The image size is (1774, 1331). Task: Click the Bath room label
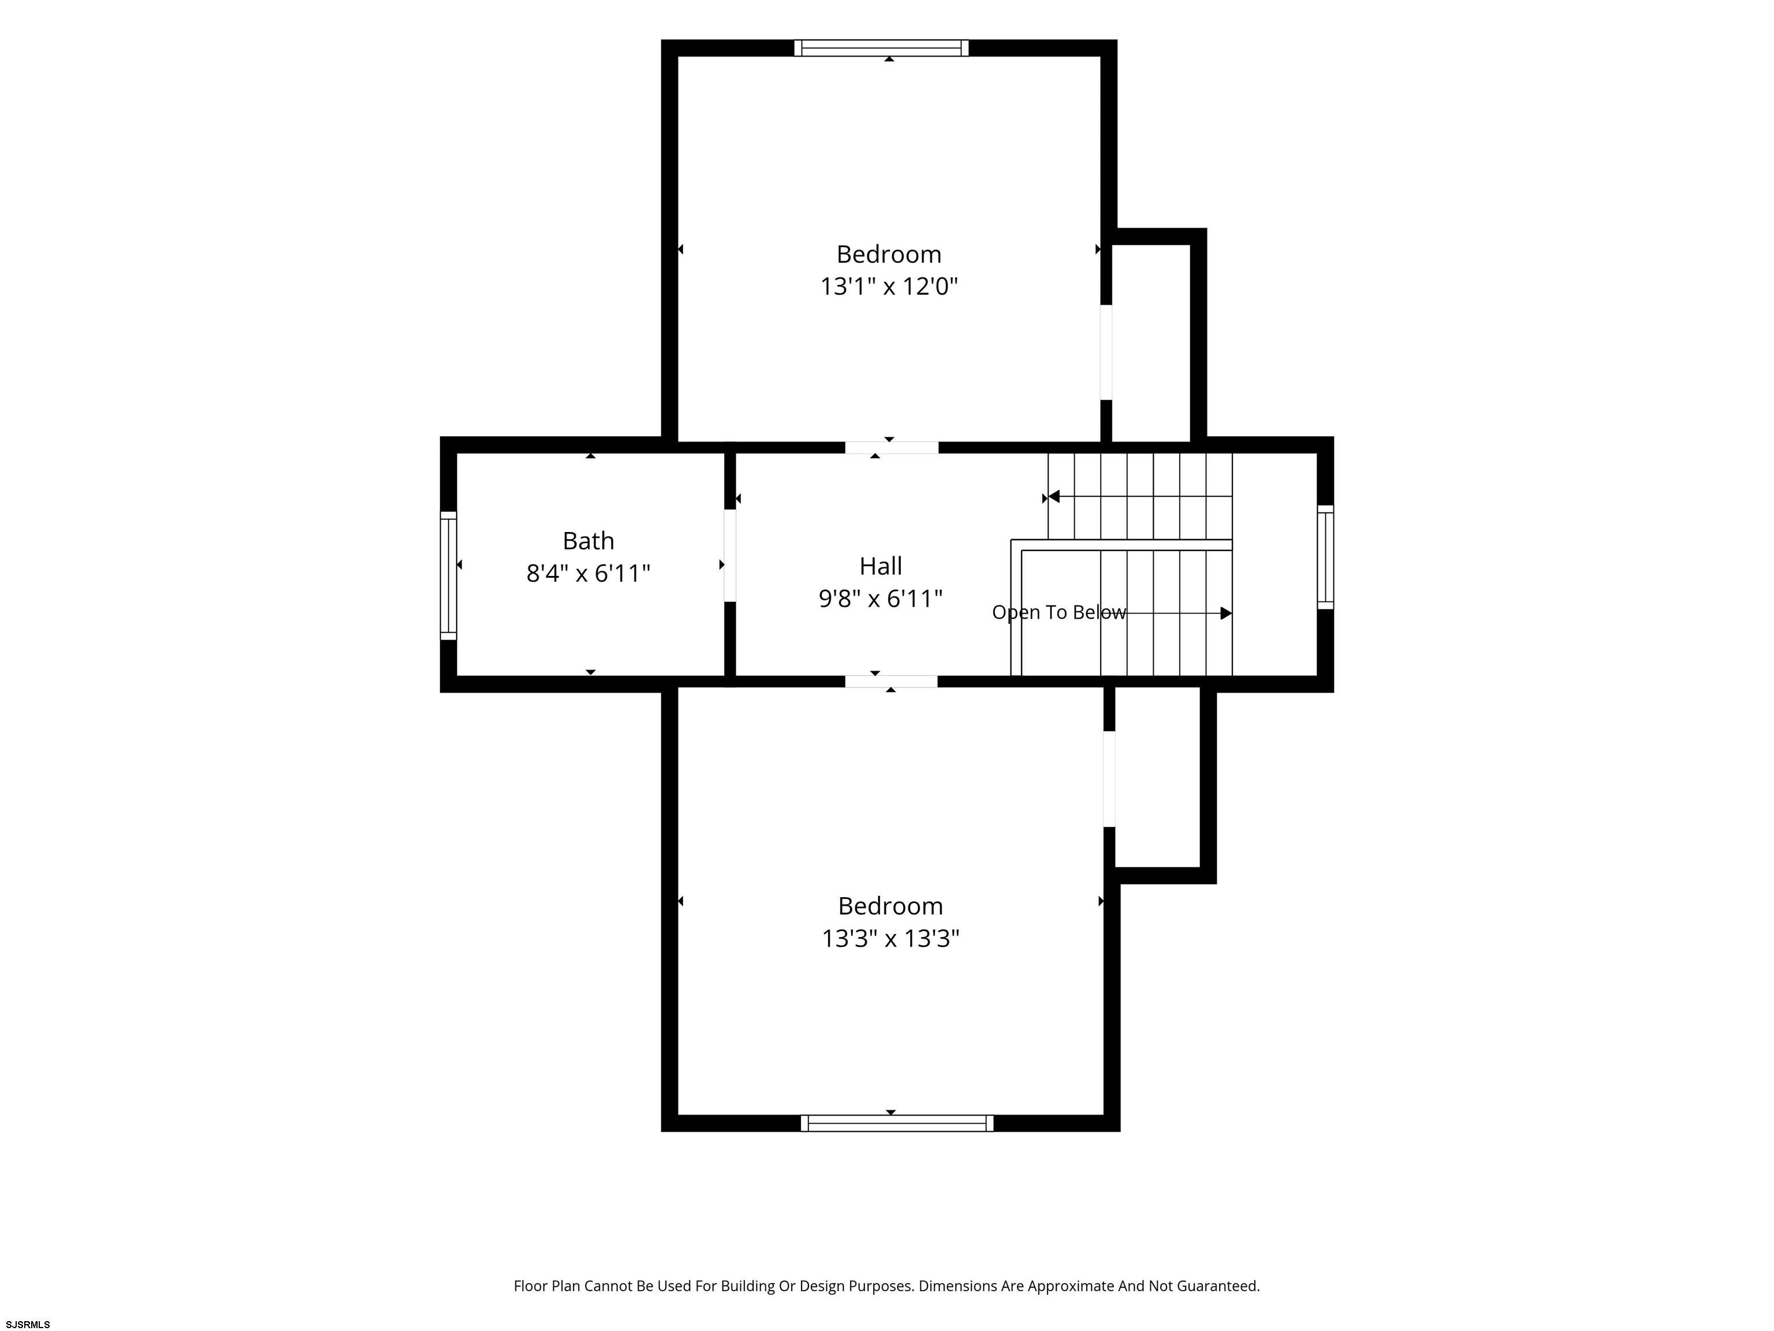[x=588, y=541]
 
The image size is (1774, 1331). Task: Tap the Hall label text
[x=881, y=566]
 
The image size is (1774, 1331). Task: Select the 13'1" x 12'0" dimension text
[x=889, y=287]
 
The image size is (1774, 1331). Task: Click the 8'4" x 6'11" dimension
[x=588, y=574]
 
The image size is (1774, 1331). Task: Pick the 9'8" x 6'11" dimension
[x=881, y=598]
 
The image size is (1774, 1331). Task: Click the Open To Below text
[x=1059, y=612]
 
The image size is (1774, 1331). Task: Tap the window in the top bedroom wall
[x=881, y=48]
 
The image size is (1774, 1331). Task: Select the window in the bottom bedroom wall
[x=897, y=1123]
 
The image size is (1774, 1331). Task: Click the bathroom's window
[x=448, y=576]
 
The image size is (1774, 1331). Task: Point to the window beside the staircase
[x=1326, y=557]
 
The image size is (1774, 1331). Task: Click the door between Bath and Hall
[x=730, y=555]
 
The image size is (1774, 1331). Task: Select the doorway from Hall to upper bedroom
[x=892, y=448]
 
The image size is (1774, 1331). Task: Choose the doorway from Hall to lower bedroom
[x=891, y=682]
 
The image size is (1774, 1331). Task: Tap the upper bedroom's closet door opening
[x=1106, y=352]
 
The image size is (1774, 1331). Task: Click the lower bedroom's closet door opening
[x=1109, y=779]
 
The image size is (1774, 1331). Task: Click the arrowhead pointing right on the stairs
[x=1226, y=613]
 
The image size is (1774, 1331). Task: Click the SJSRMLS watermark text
[x=28, y=1325]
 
